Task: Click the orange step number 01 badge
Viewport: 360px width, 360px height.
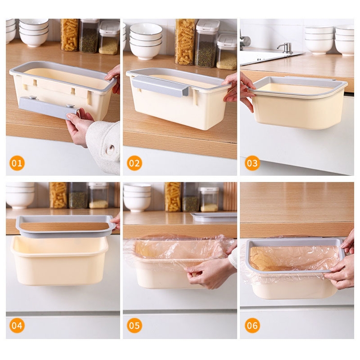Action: click(17, 163)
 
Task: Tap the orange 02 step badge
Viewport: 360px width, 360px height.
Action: click(134, 163)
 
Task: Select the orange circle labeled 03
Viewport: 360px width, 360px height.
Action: click(252, 163)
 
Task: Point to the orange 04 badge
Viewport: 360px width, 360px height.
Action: click(17, 325)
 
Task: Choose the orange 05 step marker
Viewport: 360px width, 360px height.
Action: click(134, 325)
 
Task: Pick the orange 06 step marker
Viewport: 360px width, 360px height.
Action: click(252, 325)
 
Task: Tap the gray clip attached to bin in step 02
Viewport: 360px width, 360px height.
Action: click(161, 86)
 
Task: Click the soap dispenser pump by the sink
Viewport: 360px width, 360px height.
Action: click(286, 48)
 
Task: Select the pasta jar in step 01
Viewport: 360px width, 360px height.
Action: click(70, 35)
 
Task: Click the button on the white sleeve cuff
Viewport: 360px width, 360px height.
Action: click(110, 148)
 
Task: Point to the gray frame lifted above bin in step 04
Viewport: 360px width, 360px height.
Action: click(66, 226)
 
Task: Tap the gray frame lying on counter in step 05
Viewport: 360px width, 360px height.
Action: click(214, 217)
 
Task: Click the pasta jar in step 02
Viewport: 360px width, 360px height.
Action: click(185, 41)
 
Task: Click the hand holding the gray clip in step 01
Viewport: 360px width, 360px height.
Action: click(78, 127)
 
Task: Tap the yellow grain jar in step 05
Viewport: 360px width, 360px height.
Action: click(209, 199)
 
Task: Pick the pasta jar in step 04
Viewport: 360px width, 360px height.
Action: click(58, 196)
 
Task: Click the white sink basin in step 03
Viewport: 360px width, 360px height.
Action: click(268, 57)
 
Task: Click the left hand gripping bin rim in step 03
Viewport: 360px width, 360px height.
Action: click(247, 92)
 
